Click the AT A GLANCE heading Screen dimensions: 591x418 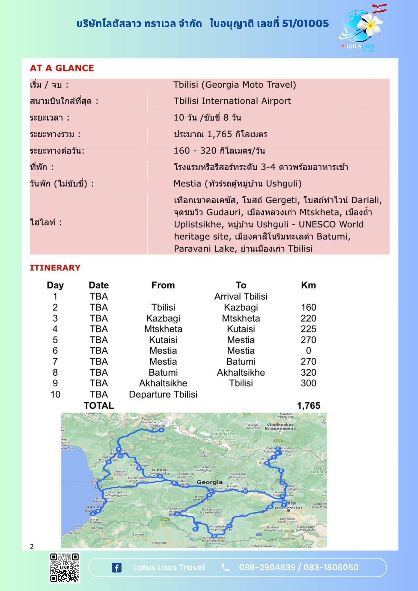(x=62, y=68)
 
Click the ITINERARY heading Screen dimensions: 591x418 (x=55, y=268)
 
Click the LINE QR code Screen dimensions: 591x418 (x=64, y=567)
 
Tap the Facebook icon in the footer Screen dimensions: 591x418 (x=116, y=567)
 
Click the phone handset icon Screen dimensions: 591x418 (x=225, y=567)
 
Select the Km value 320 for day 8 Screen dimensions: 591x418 (x=308, y=372)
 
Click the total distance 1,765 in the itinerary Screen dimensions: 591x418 (x=309, y=405)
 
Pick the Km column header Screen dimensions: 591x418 (x=308, y=285)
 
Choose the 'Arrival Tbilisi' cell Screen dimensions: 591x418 (x=241, y=296)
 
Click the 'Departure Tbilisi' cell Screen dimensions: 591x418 (x=163, y=394)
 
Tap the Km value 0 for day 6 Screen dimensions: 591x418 (x=308, y=351)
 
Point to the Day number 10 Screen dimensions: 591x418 (x=55, y=394)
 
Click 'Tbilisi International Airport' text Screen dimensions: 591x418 (x=232, y=101)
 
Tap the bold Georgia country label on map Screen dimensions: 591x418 (x=210, y=482)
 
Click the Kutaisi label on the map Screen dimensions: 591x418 (x=160, y=470)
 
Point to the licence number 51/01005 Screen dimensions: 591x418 (x=305, y=23)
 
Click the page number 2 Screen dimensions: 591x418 (x=32, y=547)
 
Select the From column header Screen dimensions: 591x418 (x=163, y=285)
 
